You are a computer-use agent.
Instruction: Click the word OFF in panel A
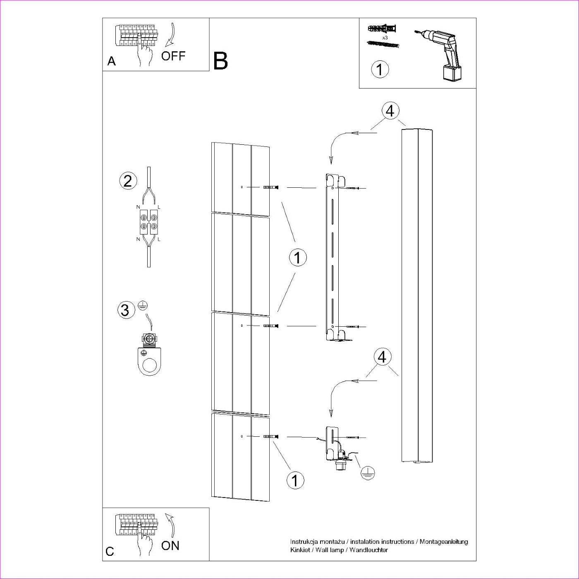pos(173,56)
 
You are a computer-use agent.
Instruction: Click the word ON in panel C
pos(170,546)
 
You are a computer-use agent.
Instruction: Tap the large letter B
pos(220,61)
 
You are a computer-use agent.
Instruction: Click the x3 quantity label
pos(385,38)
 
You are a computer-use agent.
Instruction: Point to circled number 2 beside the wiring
pos(127,181)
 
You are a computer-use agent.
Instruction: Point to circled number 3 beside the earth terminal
pos(125,310)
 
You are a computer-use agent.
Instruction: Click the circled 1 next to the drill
pos(380,69)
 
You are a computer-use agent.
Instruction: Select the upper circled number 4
pos(390,111)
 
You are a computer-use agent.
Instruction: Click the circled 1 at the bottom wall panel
pos(295,481)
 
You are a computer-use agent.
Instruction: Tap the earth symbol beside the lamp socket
pos(367,472)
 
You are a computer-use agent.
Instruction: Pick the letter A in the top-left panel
pos(111,62)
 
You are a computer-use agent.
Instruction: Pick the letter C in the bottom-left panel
pos(110,552)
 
